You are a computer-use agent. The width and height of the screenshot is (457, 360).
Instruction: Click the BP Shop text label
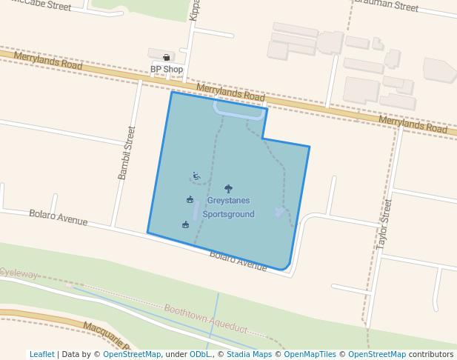(x=167, y=70)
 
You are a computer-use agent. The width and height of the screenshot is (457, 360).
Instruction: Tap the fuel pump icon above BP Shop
(x=167, y=57)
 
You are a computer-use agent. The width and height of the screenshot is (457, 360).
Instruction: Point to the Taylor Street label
(x=383, y=222)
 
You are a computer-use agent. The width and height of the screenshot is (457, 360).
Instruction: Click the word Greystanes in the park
(x=228, y=201)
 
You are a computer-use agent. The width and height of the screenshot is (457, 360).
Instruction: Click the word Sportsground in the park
(x=228, y=214)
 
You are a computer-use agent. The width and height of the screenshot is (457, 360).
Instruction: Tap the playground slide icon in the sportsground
(x=196, y=176)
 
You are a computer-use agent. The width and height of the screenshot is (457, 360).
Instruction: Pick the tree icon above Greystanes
(x=227, y=189)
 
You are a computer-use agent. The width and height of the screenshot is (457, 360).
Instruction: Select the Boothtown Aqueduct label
(x=205, y=319)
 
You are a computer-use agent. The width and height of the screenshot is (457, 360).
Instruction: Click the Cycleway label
(x=18, y=273)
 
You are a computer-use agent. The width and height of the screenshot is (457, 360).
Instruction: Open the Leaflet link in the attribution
(x=41, y=354)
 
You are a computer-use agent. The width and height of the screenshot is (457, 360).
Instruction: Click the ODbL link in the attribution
(x=199, y=354)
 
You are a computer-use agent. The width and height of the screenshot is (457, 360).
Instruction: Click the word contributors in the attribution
(x=431, y=354)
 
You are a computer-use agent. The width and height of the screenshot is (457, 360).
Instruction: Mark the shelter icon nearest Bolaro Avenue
(x=185, y=224)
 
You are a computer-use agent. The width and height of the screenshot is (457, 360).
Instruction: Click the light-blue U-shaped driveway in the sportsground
(x=239, y=113)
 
